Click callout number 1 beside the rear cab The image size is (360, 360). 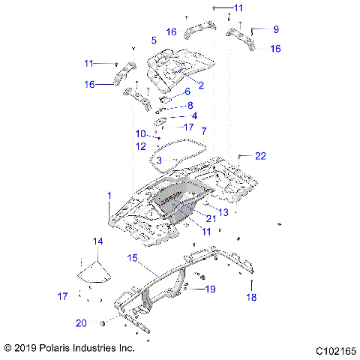tap(109, 196)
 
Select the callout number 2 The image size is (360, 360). tap(201, 85)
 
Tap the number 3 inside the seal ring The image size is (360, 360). tap(159, 160)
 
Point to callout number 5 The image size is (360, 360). tap(154, 40)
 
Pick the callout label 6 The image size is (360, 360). tap(187, 91)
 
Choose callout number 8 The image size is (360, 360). tap(190, 105)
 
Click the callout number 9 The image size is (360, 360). tap(275, 29)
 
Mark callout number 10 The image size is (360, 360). tap(140, 133)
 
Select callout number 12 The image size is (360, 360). tap(141, 146)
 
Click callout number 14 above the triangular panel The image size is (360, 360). tap(97, 241)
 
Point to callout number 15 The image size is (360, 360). tap(132, 258)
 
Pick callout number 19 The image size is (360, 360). tap(210, 289)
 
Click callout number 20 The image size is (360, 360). tap(81, 322)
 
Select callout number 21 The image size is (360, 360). tap(211, 218)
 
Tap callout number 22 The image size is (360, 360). tap(260, 156)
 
